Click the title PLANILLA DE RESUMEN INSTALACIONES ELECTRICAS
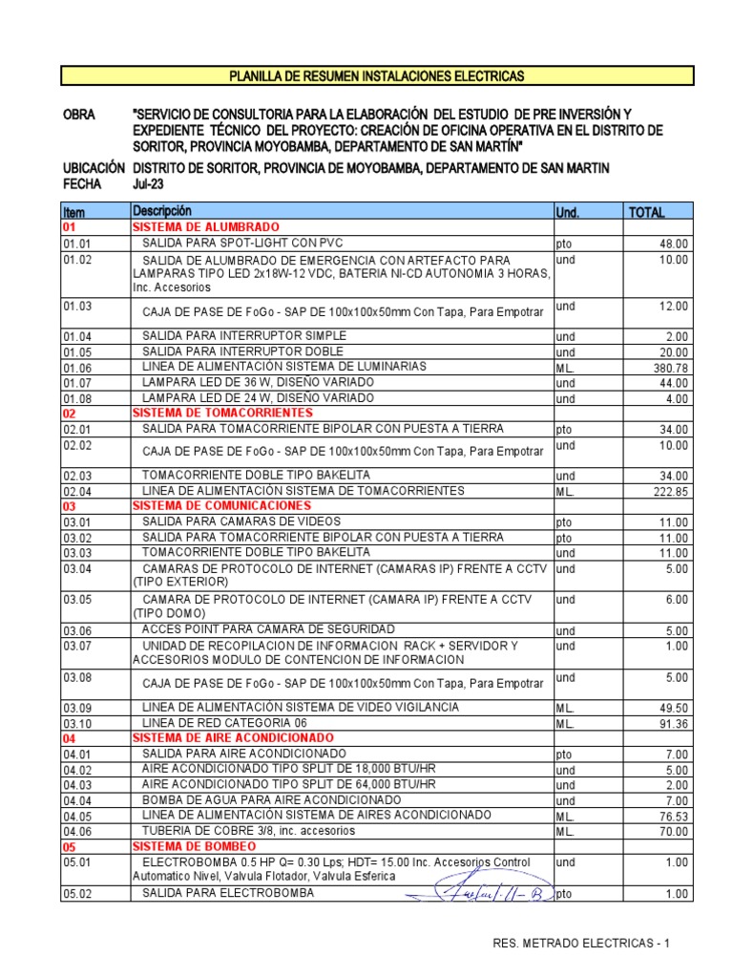click(378, 75)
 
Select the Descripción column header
click(162, 211)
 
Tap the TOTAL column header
click(646, 212)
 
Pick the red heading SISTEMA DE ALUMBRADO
click(205, 227)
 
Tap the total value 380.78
click(669, 369)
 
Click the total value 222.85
click(669, 492)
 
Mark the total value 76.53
click(672, 817)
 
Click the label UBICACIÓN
click(93, 168)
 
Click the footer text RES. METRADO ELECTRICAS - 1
click(581, 944)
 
